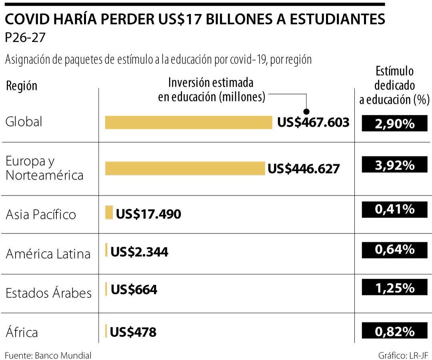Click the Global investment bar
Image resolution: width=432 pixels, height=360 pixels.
point(188,122)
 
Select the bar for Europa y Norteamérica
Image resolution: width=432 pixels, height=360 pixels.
point(185,168)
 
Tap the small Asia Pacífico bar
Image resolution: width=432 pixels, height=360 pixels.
point(109,212)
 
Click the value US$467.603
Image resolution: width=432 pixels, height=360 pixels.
point(313,122)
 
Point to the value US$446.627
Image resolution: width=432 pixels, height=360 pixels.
point(304,168)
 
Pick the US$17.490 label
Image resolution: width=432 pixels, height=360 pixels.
point(148,214)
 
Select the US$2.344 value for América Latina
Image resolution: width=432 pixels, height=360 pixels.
point(139,252)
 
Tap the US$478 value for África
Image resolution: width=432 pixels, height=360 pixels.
point(133,332)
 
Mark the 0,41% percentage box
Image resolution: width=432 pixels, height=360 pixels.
point(394,208)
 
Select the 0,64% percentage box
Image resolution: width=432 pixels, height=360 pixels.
point(394,250)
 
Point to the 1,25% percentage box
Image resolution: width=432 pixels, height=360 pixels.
point(394,287)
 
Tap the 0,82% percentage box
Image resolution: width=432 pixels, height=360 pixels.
point(394,331)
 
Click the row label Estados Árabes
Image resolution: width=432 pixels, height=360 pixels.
point(48,293)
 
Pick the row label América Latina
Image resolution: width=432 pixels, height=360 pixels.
point(48,254)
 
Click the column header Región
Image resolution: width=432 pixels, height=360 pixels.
point(22,86)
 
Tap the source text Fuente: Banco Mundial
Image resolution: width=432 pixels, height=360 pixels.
point(48,355)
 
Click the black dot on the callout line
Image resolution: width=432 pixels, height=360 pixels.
point(307,112)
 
